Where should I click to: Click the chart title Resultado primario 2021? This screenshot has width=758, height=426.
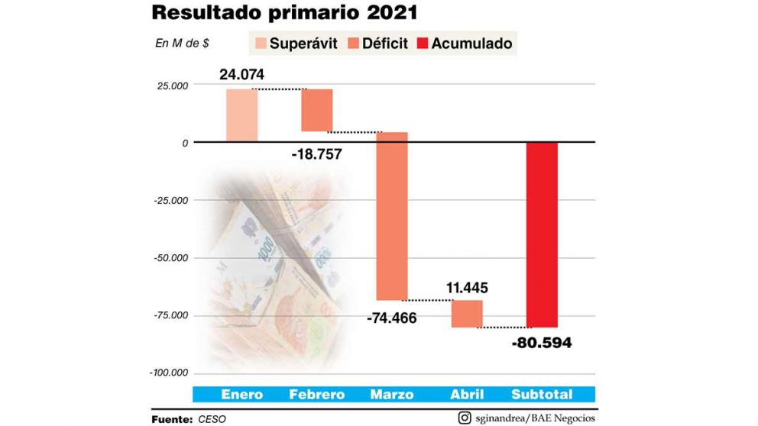[x=284, y=13]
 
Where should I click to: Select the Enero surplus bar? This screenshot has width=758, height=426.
[x=241, y=115]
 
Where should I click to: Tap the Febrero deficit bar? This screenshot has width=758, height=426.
[x=316, y=110]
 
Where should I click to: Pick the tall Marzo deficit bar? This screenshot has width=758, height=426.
[x=391, y=216]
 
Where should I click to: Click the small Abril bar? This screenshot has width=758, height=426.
[x=466, y=314]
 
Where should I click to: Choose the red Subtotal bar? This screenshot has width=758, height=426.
[x=542, y=234]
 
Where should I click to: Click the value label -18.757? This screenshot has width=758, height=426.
[x=316, y=154]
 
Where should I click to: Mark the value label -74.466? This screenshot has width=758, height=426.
[x=391, y=318]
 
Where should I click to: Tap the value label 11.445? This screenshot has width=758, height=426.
[x=466, y=289]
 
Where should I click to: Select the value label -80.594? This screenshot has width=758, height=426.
[x=542, y=343]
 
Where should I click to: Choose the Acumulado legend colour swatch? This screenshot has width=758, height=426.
[x=424, y=43]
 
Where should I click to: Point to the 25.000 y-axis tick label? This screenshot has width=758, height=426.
[x=174, y=86]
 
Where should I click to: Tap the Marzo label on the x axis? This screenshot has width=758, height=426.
[x=391, y=395]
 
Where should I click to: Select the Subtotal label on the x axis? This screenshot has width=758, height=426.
[x=542, y=395]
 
